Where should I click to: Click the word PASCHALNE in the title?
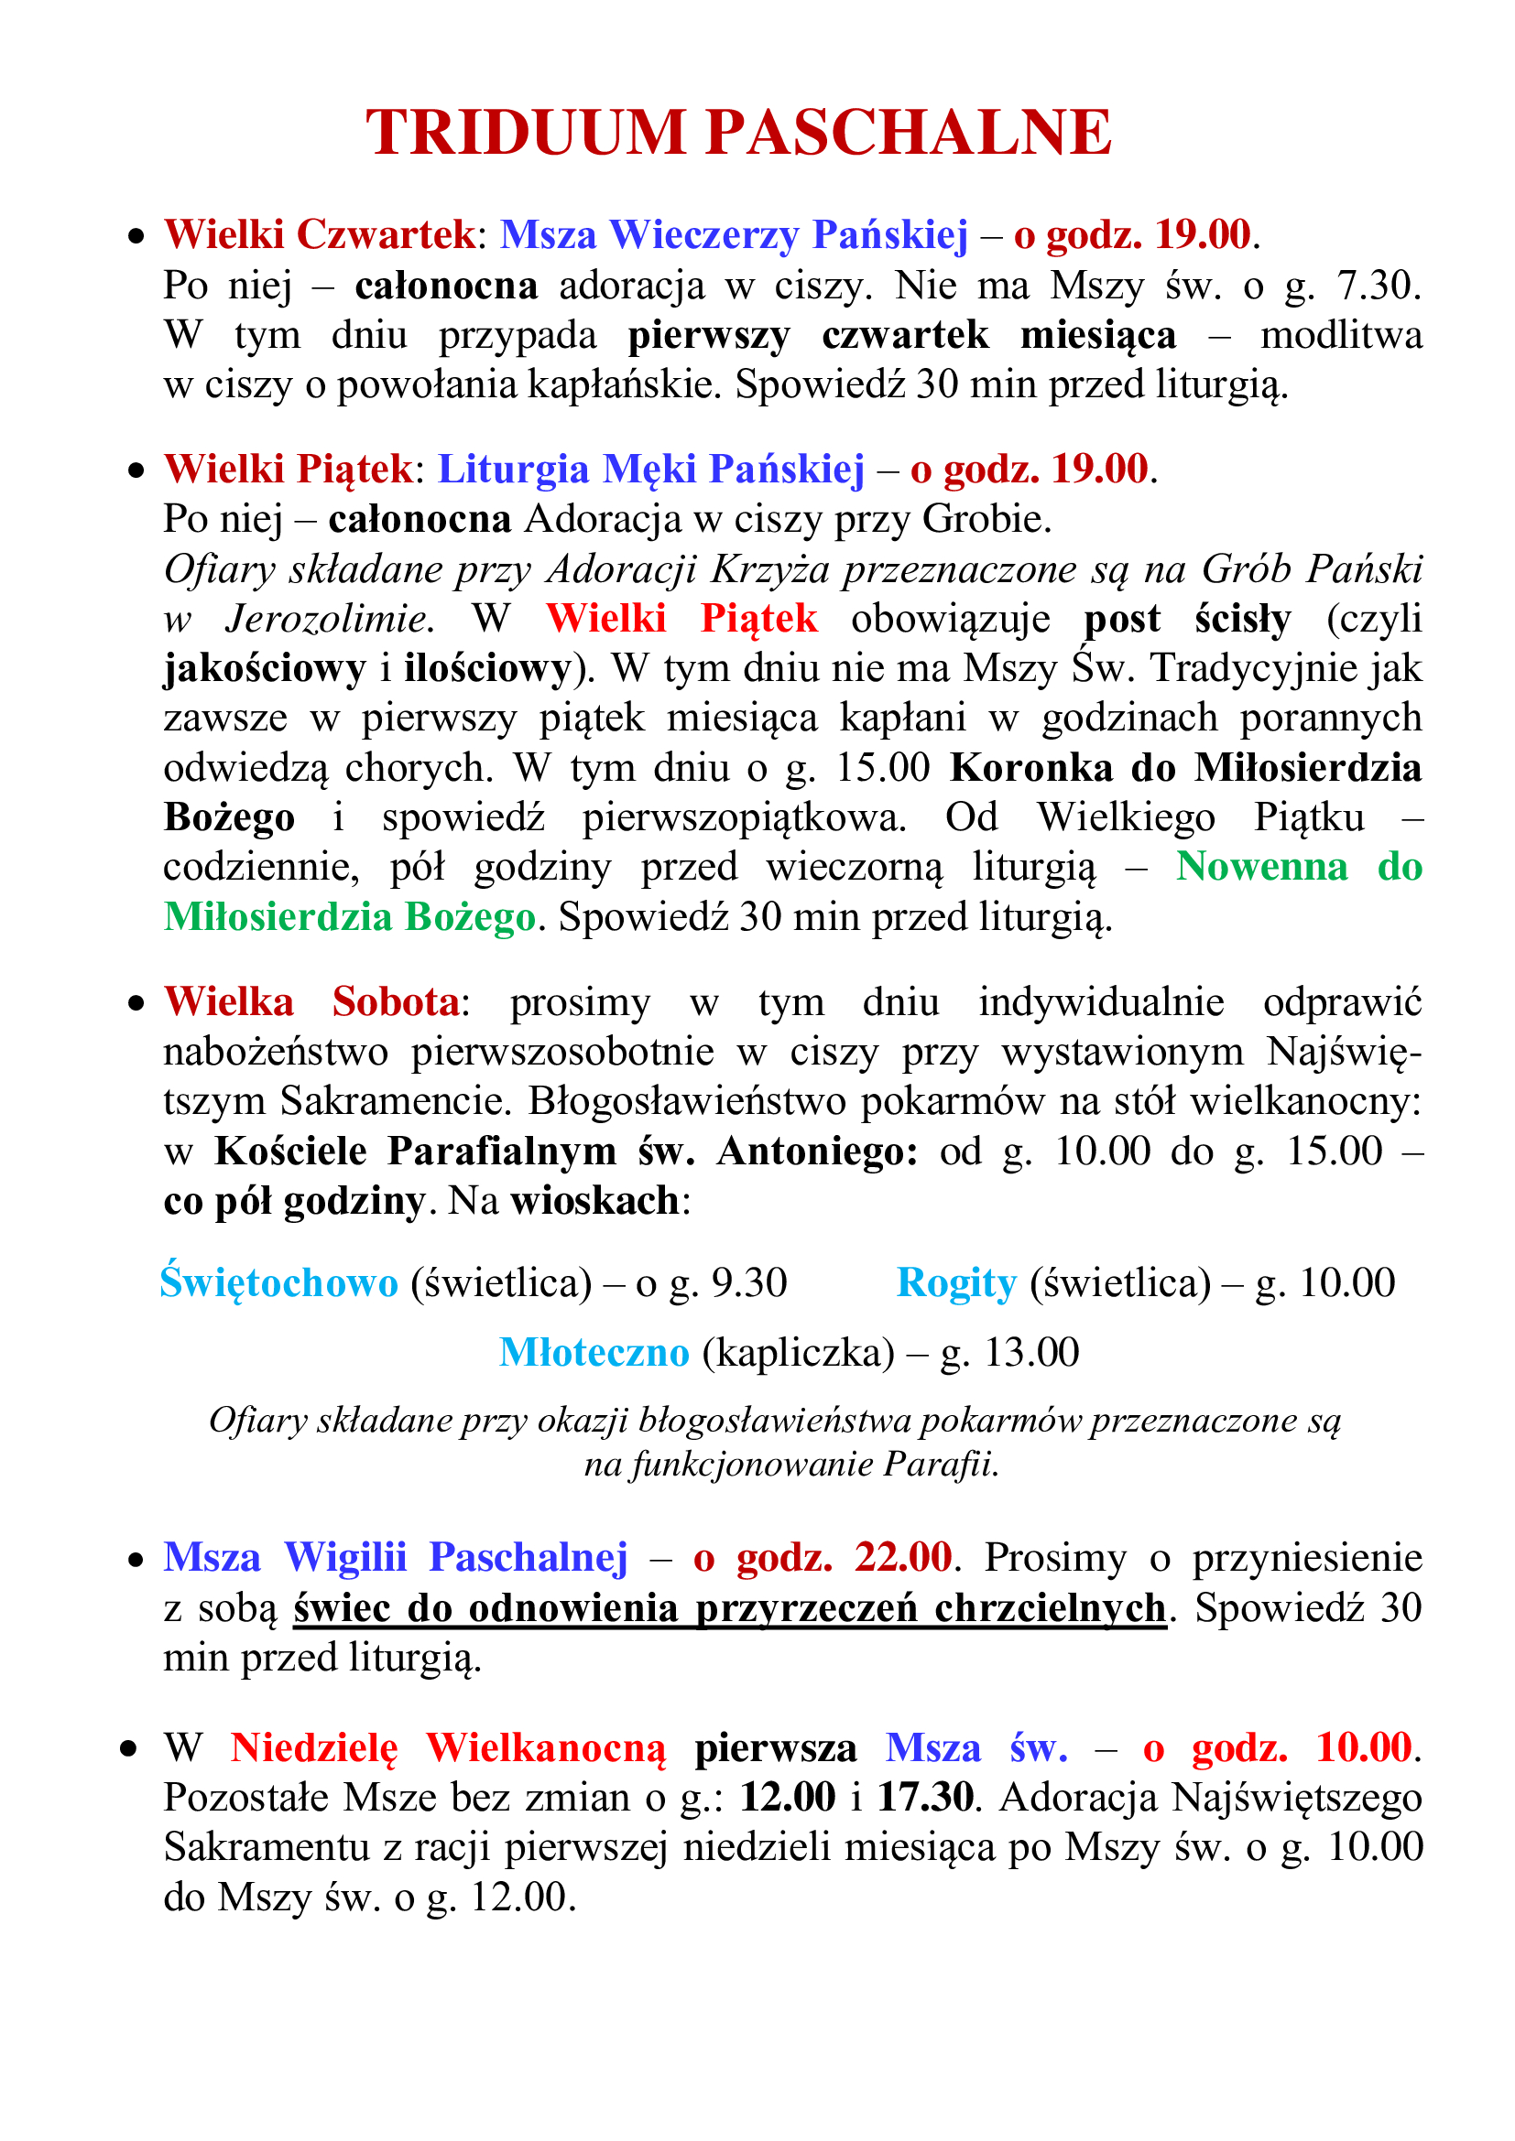pos(909,133)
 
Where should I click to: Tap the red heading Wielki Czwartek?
pos(320,235)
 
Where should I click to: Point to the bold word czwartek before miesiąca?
pos(905,336)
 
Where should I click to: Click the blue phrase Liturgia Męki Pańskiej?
pos(651,470)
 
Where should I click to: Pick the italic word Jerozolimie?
pos(325,619)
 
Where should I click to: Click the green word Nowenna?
pos(1261,867)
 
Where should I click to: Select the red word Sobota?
pos(397,1002)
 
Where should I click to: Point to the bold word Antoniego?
pos(817,1152)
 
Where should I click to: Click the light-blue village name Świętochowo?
pos(279,1284)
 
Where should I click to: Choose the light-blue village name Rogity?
pos(956,1284)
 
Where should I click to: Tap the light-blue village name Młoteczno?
pos(594,1353)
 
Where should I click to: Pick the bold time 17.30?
pos(926,1797)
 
